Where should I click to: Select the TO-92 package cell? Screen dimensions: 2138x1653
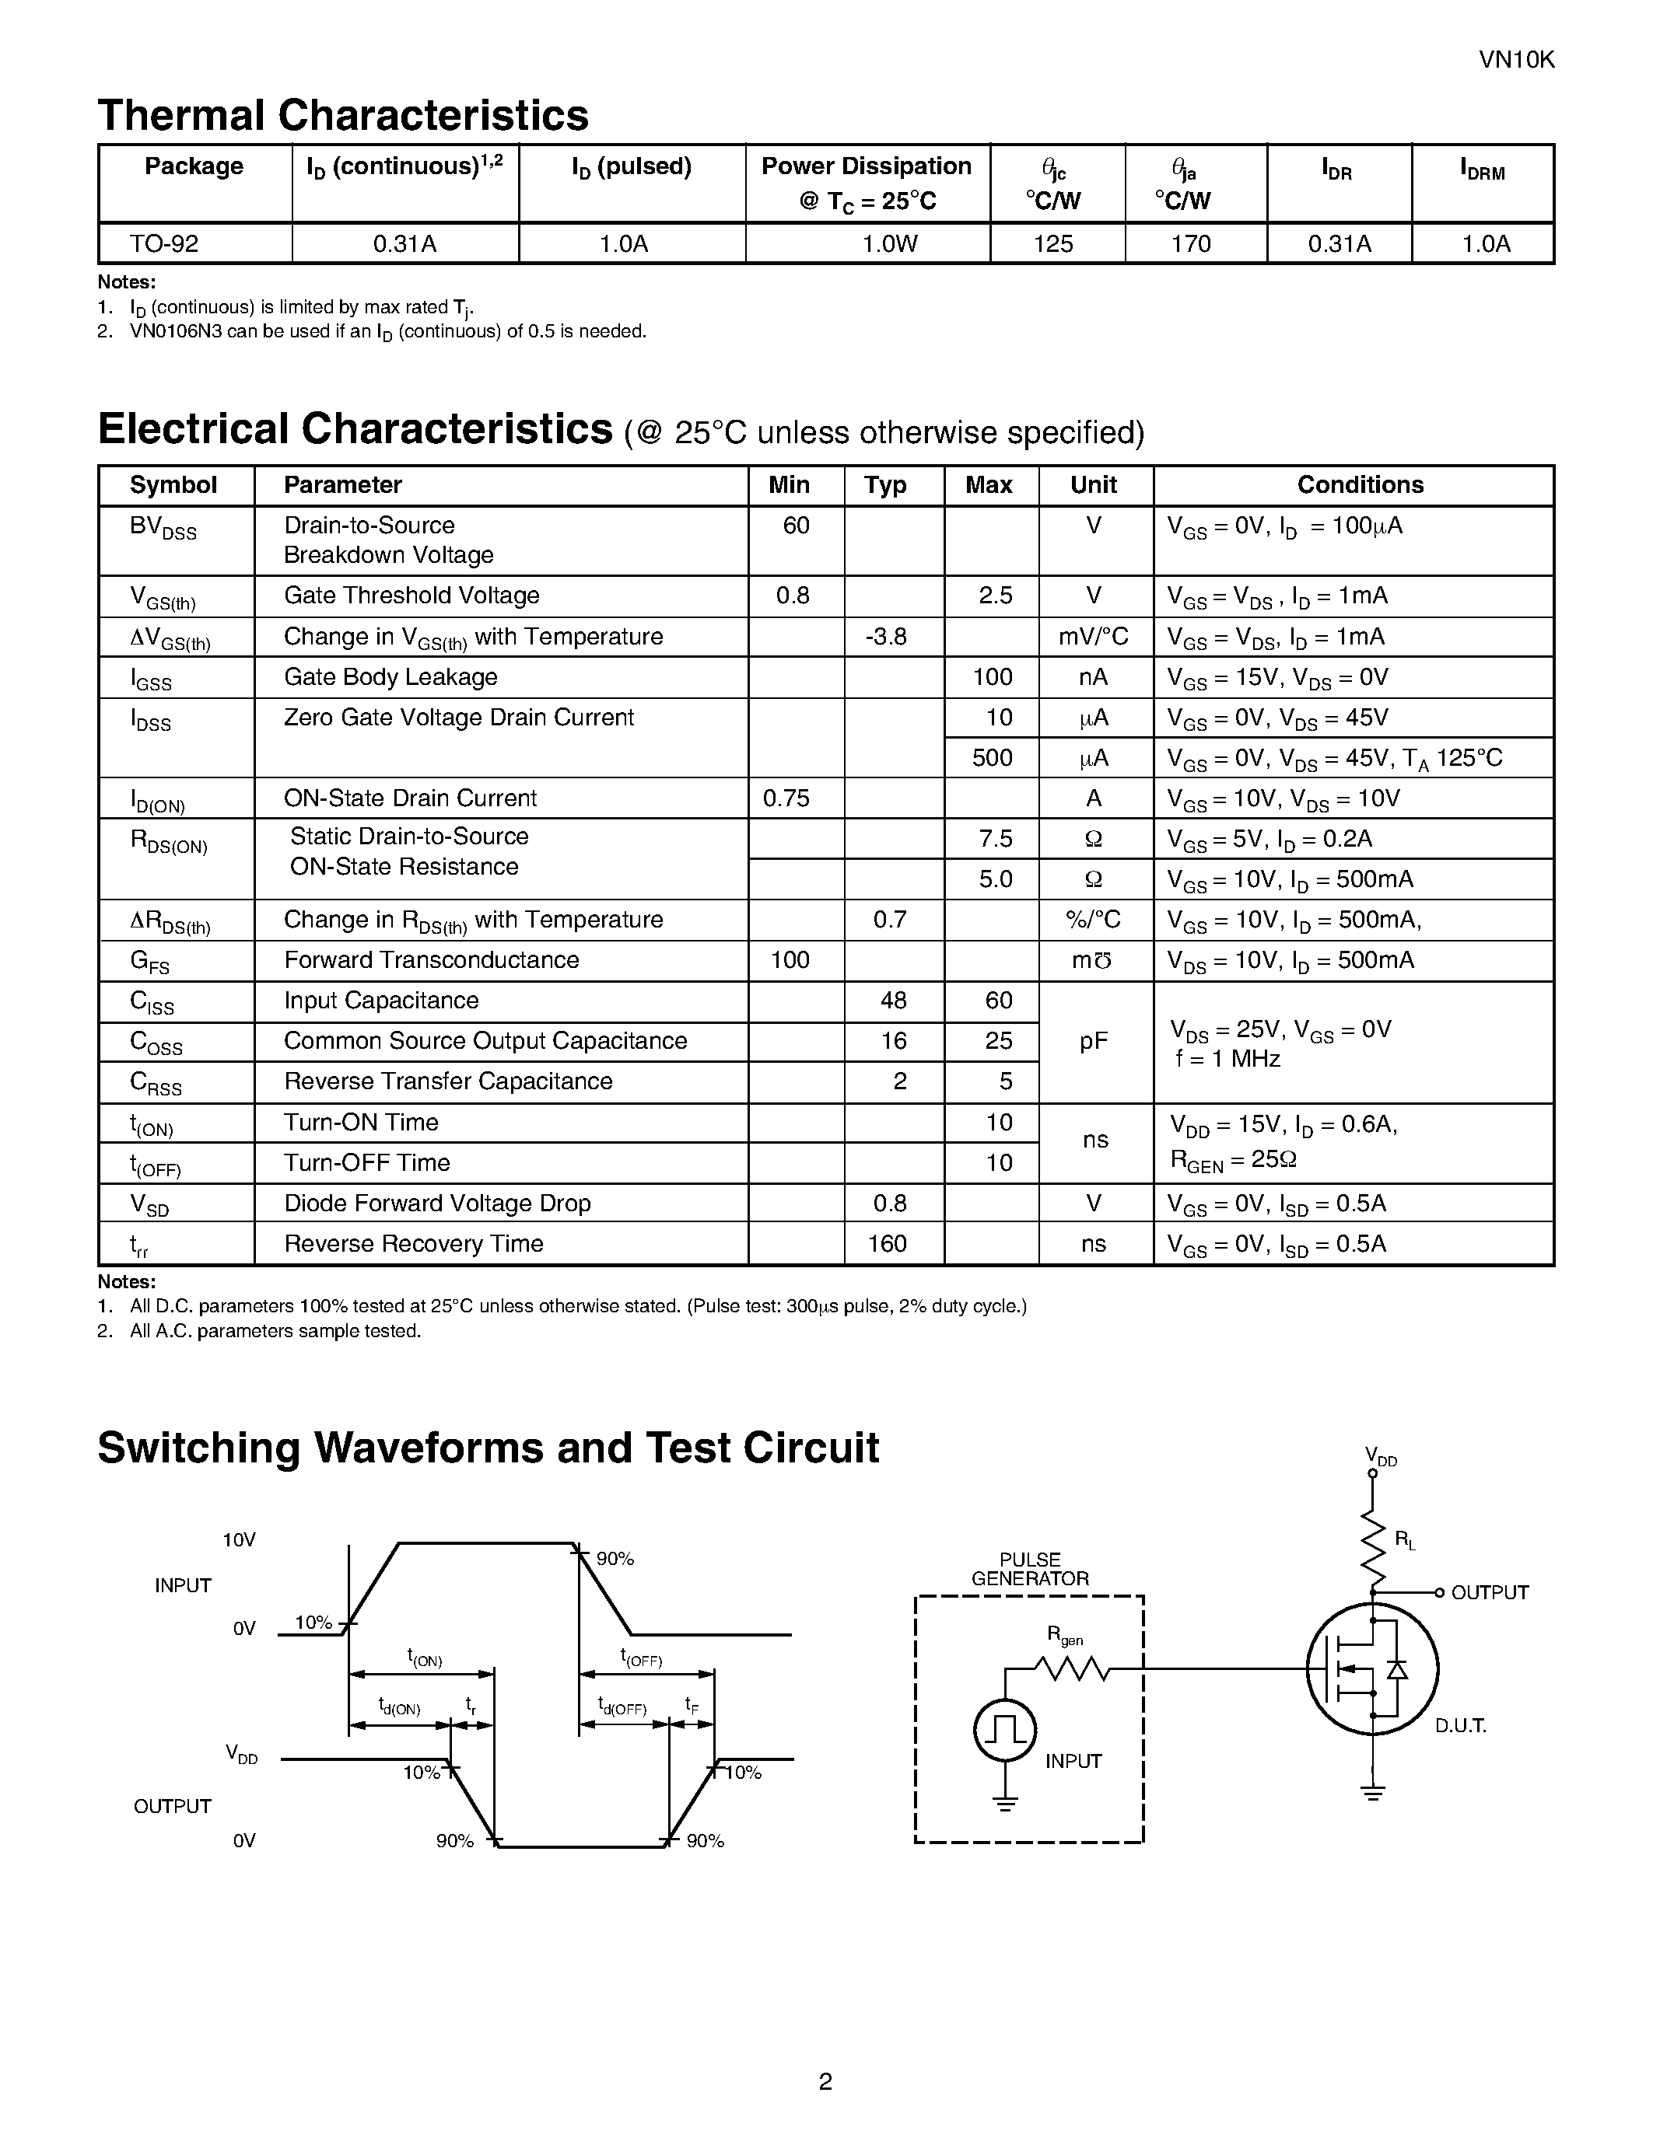pos(164,244)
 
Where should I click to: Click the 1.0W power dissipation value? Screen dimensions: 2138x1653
pos(889,244)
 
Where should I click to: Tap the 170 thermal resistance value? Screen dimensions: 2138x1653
pos(1191,244)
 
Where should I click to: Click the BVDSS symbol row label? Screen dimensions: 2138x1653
pos(163,529)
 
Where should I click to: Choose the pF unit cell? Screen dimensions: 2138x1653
pos(1094,1042)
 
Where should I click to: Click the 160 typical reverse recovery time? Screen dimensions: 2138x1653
pos(888,1243)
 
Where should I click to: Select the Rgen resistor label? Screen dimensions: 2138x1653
pos(1064,1635)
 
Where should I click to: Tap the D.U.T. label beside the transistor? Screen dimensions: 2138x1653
pos(1460,1726)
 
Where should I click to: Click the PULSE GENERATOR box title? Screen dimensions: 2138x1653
pos(1029,1568)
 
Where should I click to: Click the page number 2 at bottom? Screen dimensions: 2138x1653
pos(825,2082)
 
